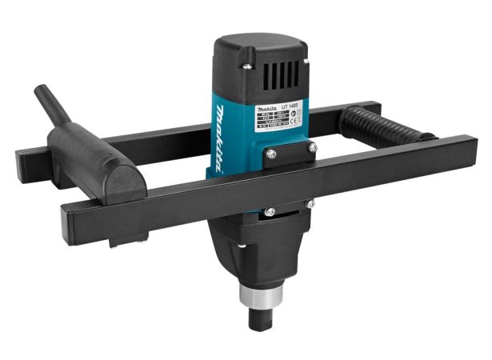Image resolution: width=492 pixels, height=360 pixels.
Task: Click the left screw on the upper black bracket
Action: point(271,153)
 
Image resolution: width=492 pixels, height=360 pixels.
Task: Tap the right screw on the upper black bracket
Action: point(312,147)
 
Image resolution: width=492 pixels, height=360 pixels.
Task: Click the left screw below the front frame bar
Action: point(270,211)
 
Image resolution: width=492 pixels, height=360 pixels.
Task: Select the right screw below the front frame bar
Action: point(310,204)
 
